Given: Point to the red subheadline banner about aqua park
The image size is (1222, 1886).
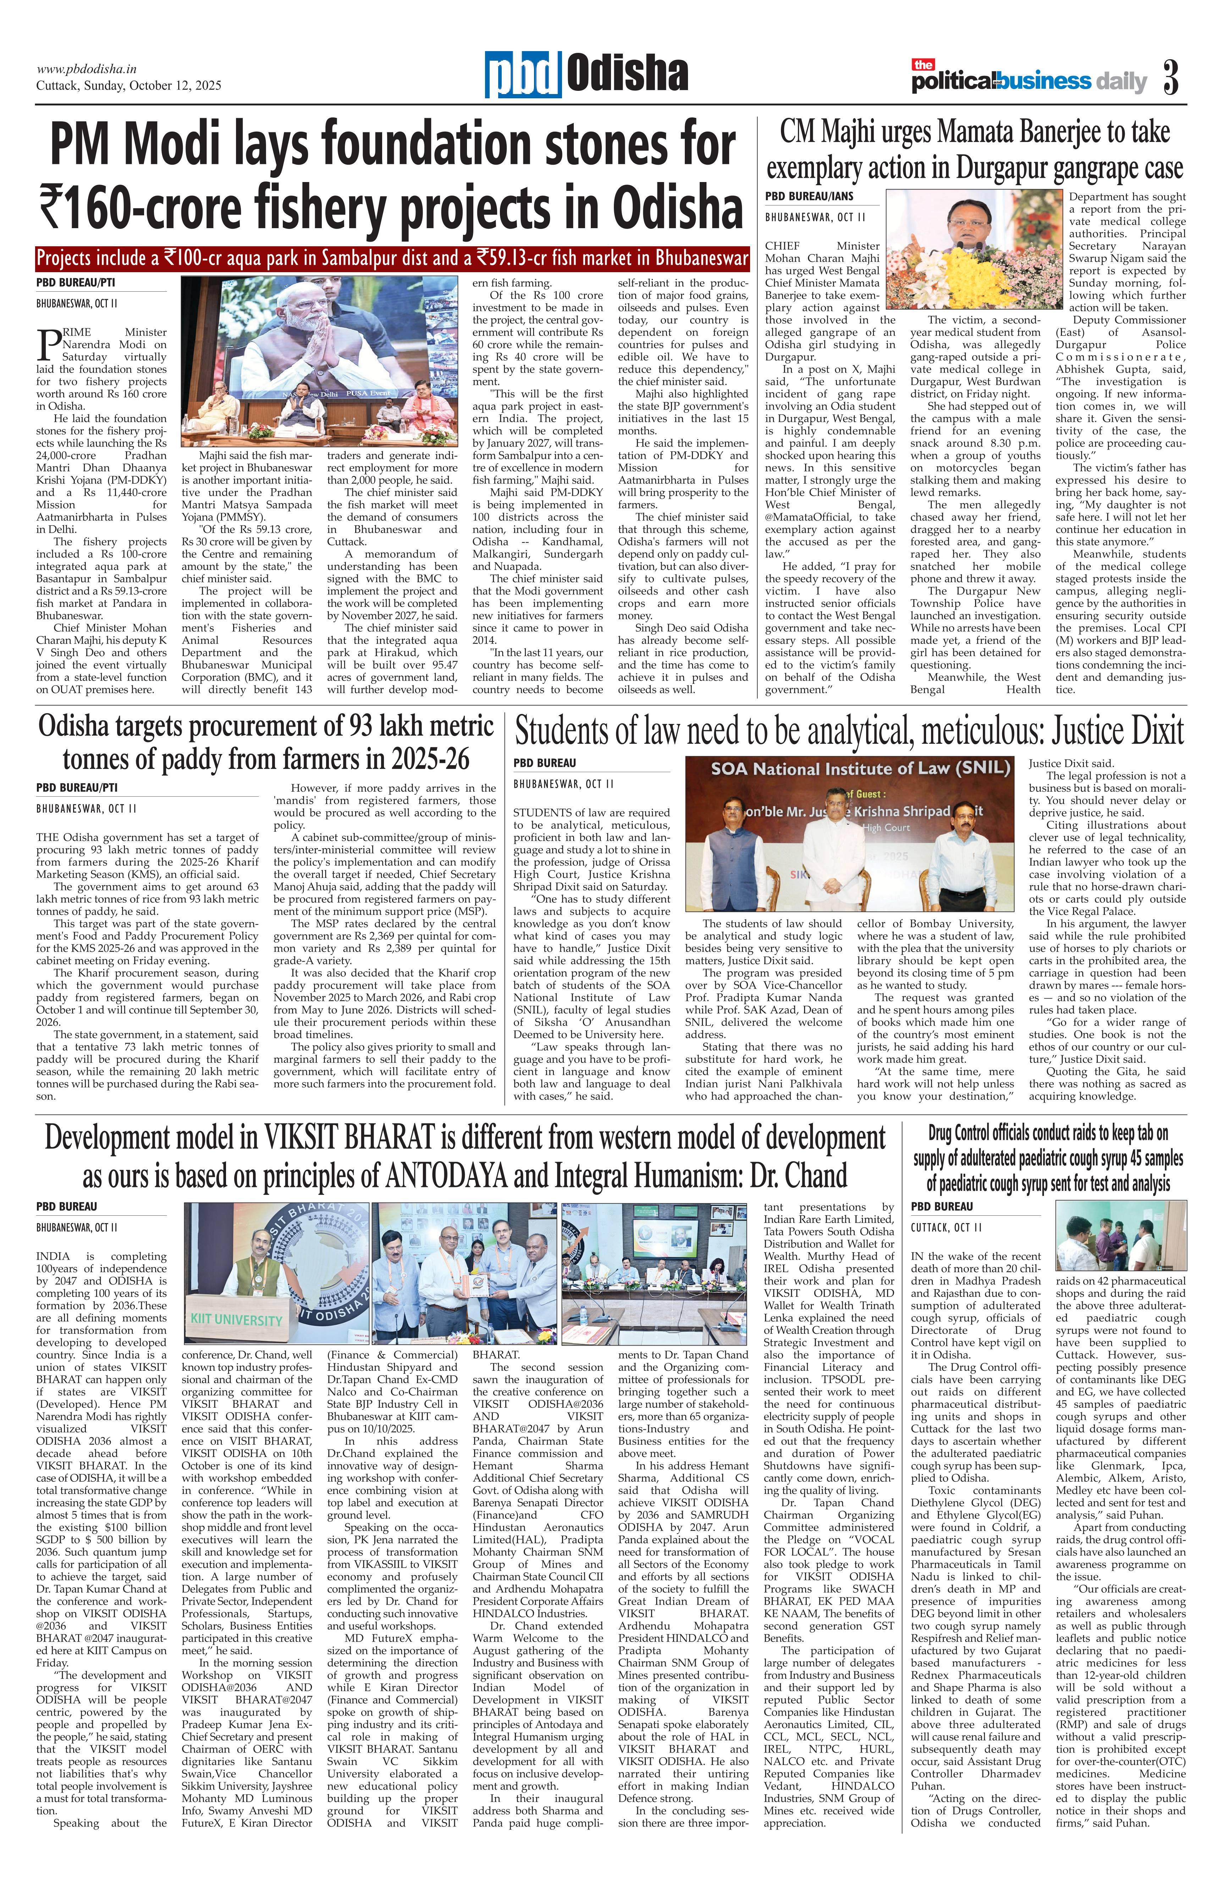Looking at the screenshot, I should (392, 259).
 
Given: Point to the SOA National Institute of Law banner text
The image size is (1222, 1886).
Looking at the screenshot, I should (860, 769).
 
